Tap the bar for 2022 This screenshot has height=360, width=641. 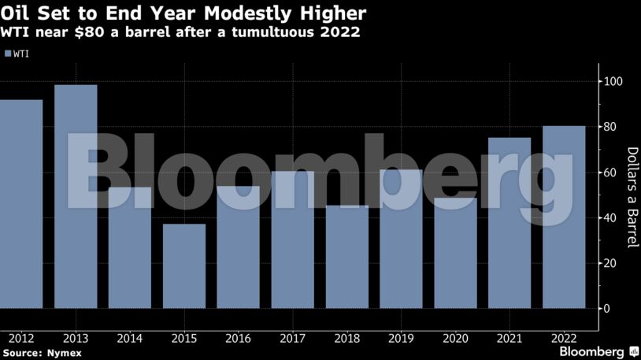[x=564, y=217]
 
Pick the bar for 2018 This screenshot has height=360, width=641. [x=346, y=256]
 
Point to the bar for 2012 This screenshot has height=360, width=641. [x=20, y=203]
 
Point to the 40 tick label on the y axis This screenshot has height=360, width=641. [x=611, y=217]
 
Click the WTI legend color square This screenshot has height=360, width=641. [x=8, y=54]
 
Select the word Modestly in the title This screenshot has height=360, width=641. [x=224, y=14]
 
